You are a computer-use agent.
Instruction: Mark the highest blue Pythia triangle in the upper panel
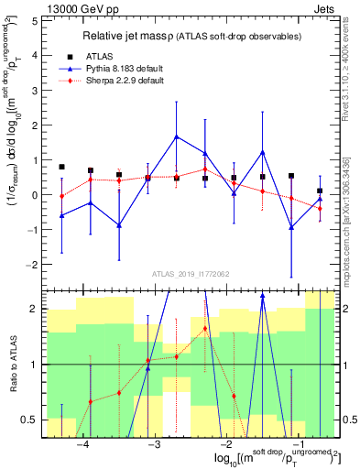tap(176, 136)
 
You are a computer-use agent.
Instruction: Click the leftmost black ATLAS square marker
tap(61, 168)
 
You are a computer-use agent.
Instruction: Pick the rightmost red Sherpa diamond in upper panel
tap(320, 209)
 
